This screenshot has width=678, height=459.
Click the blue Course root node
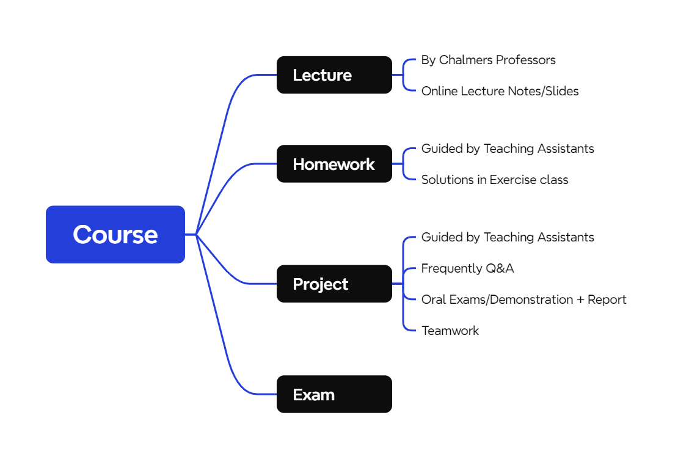pyautogui.click(x=115, y=235)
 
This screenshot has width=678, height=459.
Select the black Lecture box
pyautogui.click(x=334, y=75)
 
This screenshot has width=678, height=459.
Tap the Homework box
pyautogui.click(x=334, y=164)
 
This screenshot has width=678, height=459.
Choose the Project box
pyautogui.click(x=334, y=284)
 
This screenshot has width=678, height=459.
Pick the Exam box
pyautogui.click(x=334, y=394)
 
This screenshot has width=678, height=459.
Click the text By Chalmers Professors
pyautogui.click(x=488, y=60)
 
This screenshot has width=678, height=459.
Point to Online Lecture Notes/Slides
pyautogui.click(x=500, y=91)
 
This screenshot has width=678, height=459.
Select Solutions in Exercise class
pyautogui.click(x=495, y=180)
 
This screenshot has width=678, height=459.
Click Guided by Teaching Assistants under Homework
pyautogui.click(x=508, y=149)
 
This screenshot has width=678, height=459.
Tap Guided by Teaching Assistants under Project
pyautogui.click(x=508, y=238)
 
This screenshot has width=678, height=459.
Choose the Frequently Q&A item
pyautogui.click(x=467, y=269)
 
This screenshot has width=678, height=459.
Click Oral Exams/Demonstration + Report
pyautogui.click(x=523, y=300)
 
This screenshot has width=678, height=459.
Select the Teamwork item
pyautogui.click(x=450, y=331)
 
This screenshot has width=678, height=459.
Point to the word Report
pyautogui.click(x=607, y=300)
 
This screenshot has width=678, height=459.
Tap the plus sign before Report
pyautogui.click(x=580, y=300)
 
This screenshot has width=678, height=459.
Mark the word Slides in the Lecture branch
pyautogui.click(x=562, y=91)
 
